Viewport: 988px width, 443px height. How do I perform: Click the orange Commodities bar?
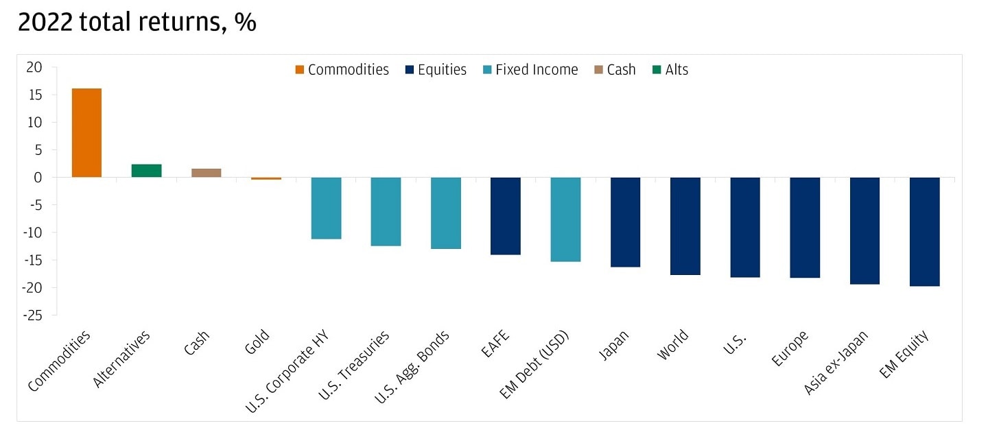86,132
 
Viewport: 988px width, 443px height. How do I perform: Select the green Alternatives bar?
146,171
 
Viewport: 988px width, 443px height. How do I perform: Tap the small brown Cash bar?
206,173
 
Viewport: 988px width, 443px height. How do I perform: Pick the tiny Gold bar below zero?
266,178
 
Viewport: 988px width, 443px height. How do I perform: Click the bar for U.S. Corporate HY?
326,208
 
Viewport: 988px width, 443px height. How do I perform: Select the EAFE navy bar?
506,216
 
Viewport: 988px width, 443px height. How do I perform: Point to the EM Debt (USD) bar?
565,219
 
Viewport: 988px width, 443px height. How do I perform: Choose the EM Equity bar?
924,231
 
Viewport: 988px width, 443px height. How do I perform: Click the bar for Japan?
625,221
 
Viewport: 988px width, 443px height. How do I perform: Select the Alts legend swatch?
657,70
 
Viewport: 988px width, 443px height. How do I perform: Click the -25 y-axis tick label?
32,315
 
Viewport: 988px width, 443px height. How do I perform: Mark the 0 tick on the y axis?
38,178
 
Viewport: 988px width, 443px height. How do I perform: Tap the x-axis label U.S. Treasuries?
354,364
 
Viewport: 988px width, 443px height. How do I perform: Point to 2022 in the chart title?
45,23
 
